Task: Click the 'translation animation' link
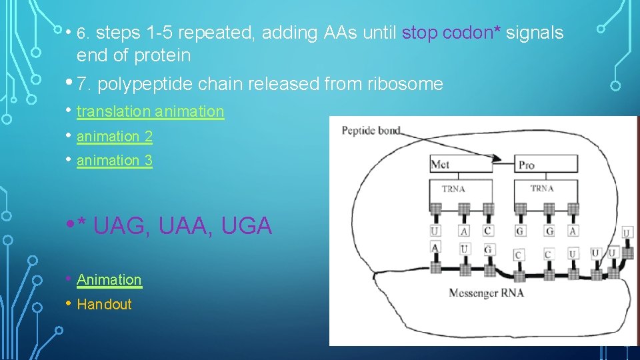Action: point(150,111)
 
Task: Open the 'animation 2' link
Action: point(115,137)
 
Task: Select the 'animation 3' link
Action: point(115,161)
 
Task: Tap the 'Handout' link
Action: point(105,305)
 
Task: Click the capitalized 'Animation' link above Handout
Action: point(109,280)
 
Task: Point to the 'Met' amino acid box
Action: point(461,164)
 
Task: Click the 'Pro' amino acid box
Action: point(545,164)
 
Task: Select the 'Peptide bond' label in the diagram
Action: point(371,130)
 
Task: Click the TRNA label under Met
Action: point(453,189)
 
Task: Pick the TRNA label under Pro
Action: point(541,189)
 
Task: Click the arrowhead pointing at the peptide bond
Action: point(496,158)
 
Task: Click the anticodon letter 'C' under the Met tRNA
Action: point(488,231)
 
